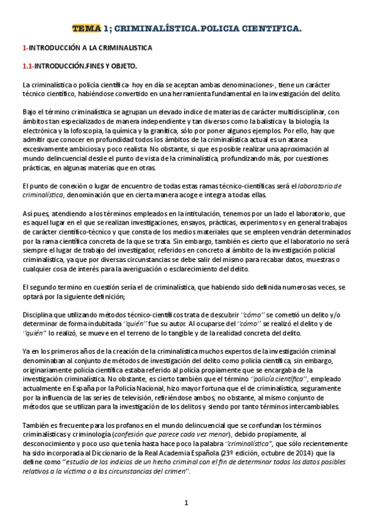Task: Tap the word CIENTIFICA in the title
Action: pyautogui.click(x=270, y=29)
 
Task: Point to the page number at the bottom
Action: pyautogui.click(x=186, y=503)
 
